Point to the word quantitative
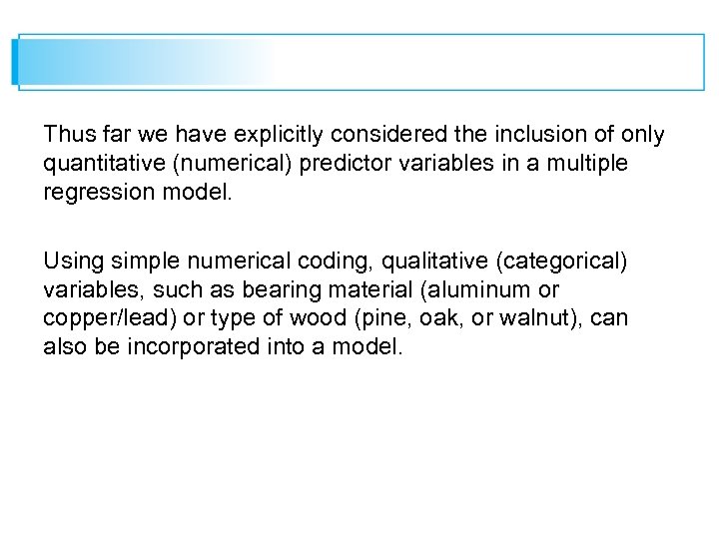coord(100,164)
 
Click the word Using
coord(71,262)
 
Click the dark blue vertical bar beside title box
coord(15,62)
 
